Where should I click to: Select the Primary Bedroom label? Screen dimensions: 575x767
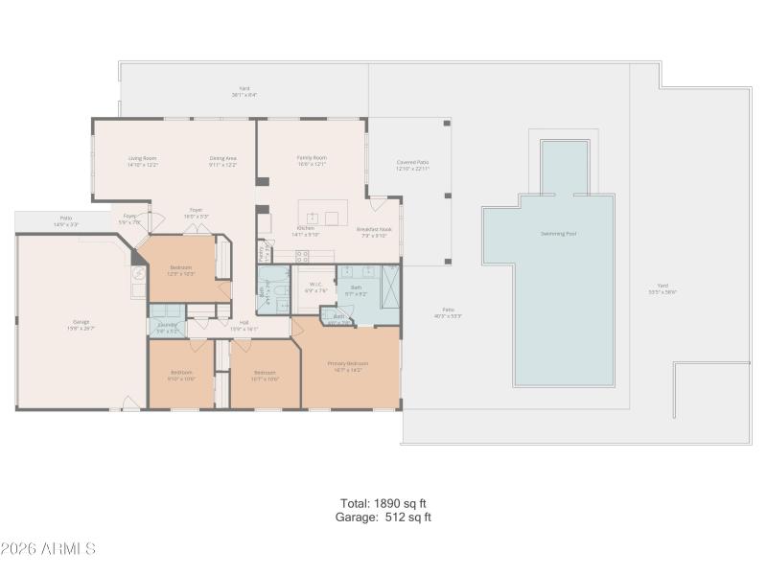click(x=351, y=363)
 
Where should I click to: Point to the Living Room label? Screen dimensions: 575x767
click(x=143, y=158)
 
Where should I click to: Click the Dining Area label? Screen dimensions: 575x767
click(x=223, y=158)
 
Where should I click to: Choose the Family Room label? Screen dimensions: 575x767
click(x=312, y=158)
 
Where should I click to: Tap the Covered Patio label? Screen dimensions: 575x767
click(x=412, y=163)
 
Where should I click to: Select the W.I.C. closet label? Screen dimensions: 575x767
click(x=315, y=285)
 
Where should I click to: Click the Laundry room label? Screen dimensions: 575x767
click(x=168, y=324)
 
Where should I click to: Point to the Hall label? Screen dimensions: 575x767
click(x=244, y=323)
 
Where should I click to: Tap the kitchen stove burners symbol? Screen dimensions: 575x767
click(x=302, y=256)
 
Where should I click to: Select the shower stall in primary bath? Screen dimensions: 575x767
click(x=390, y=285)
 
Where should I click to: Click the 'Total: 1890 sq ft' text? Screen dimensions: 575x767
click(x=383, y=503)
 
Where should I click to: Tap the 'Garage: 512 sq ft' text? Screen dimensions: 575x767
click(x=383, y=517)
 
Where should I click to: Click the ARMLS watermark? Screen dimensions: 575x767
click(x=48, y=549)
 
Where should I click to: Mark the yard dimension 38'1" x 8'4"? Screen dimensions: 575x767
click(x=244, y=95)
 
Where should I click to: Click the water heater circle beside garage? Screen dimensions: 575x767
click(x=137, y=271)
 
